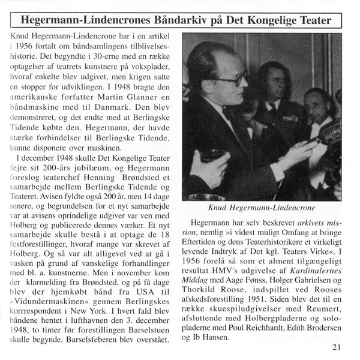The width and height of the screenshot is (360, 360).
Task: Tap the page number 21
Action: (x=337, y=347)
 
